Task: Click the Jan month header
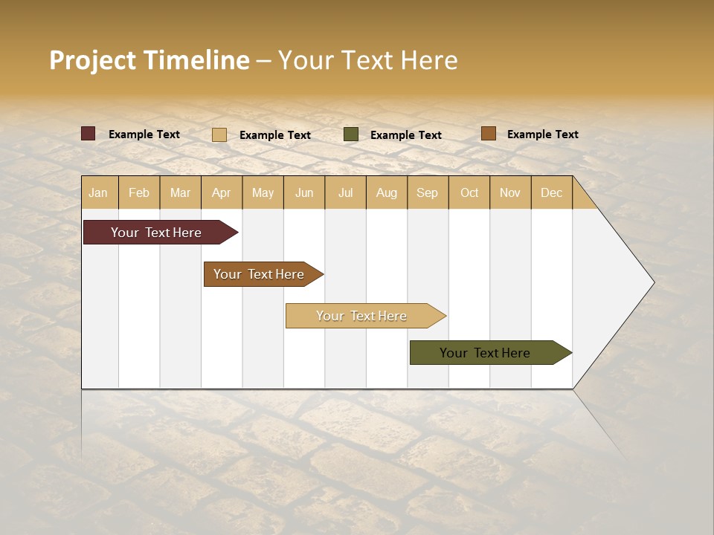click(99, 192)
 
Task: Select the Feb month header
click(139, 192)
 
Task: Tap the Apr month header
click(221, 192)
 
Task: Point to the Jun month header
click(304, 192)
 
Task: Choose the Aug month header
click(387, 192)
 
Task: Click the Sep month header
click(428, 192)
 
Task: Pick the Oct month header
click(469, 192)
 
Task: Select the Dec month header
click(552, 192)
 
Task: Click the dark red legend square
click(89, 134)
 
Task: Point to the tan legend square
click(219, 134)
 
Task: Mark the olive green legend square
click(351, 134)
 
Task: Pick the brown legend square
click(488, 134)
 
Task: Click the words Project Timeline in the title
click(149, 60)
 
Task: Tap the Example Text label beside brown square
click(542, 134)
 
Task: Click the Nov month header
click(510, 192)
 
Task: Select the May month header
click(263, 192)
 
